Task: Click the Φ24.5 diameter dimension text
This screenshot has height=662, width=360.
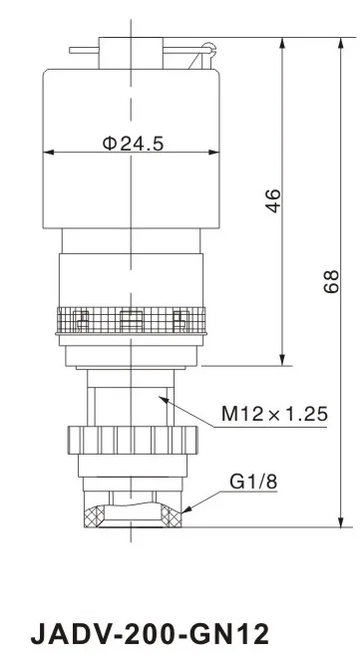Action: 132,143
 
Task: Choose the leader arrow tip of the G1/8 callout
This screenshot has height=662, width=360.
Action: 185,510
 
